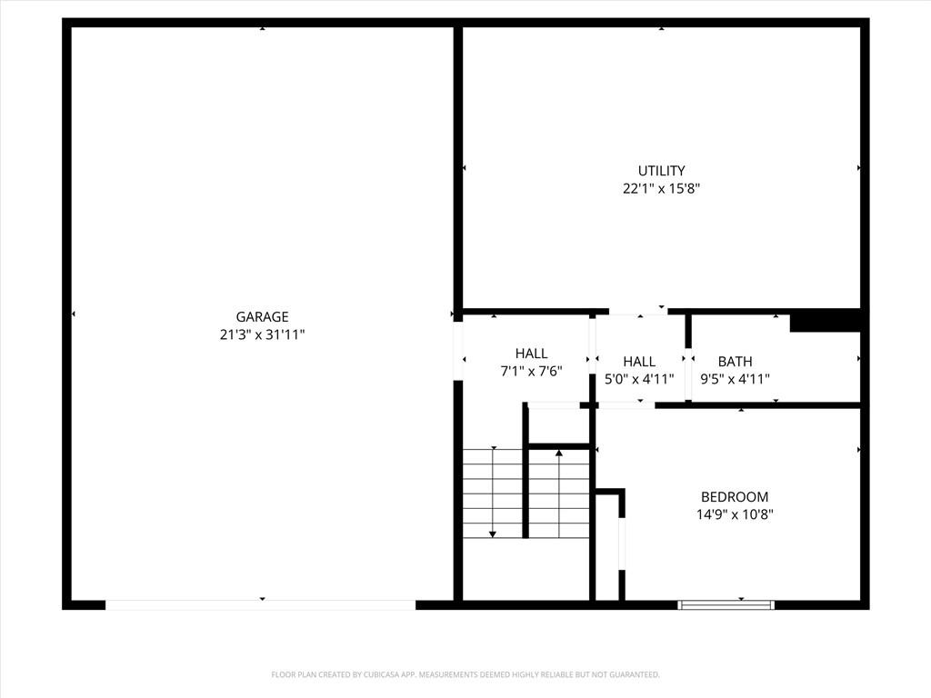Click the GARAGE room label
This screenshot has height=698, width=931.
[x=262, y=317]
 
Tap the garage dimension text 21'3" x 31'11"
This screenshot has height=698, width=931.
[x=262, y=334]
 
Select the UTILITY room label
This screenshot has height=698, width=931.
[x=661, y=171]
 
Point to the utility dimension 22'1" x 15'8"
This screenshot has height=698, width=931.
[x=661, y=189]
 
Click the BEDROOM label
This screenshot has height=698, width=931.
[x=734, y=497]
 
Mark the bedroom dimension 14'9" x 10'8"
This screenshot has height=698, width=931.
[x=734, y=514]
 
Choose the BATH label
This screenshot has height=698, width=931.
[x=735, y=362]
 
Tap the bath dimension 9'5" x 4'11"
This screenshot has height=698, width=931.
[x=735, y=379]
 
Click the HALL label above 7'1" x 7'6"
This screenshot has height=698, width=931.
[x=531, y=354]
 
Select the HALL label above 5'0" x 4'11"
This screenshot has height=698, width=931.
[x=639, y=362]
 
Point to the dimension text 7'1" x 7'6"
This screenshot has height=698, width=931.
[x=531, y=371]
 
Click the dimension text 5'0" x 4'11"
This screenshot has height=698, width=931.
[x=639, y=379]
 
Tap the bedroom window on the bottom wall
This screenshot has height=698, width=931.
[x=726, y=603]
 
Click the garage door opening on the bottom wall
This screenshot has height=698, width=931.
[x=261, y=604]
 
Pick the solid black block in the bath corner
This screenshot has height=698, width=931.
[x=825, y=321]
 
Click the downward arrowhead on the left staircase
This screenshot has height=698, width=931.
[x=493, y=533]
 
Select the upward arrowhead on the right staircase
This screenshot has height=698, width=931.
[x=559, y=452]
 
